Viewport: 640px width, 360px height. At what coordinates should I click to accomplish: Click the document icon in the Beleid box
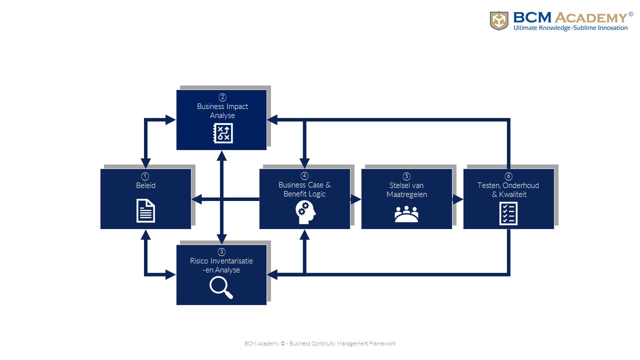(x=145, y=210)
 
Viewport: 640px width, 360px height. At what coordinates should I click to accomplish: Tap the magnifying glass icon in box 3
(x=221, y=287)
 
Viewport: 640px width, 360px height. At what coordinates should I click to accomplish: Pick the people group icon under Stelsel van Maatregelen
(x=406, y=214)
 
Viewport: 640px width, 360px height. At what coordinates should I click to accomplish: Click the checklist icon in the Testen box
(x=508, y=213)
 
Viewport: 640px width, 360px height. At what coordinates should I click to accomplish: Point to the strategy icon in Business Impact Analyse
(x=222, y=133)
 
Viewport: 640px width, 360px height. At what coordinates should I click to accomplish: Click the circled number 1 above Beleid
(x=145, y=176)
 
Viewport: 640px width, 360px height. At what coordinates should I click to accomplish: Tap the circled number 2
(x=222, y=97)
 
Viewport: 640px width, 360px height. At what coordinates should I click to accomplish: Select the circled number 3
(x=222, y=252)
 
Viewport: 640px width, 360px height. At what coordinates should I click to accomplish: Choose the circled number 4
(x=304, y=176)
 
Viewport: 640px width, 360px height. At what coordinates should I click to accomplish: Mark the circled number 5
(x=406, y=176)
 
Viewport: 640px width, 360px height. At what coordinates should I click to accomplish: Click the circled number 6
(x=508, y=176)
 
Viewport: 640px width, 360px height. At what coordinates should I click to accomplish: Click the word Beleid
(x=145, y=185)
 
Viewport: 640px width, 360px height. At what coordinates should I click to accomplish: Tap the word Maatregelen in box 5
(x=406, y=194)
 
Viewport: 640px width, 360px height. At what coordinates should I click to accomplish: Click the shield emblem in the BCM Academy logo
(x=499, y=20)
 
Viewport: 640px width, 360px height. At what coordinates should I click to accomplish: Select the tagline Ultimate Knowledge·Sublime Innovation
(x=570, y=28)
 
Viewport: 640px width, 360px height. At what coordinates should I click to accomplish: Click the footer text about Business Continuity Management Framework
(x=320, y=343)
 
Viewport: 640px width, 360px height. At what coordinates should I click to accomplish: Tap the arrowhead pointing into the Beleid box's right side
(x=196, y=199)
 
